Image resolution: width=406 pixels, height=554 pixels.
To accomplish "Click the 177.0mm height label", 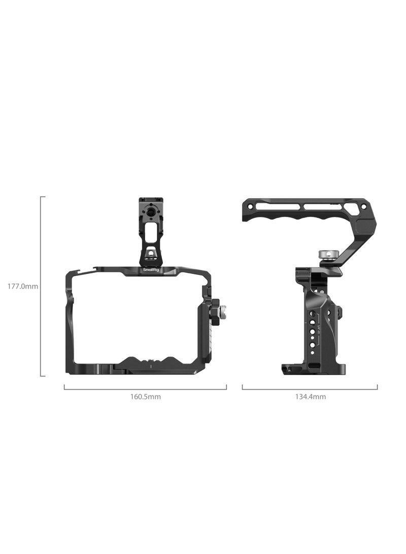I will click(22, 286).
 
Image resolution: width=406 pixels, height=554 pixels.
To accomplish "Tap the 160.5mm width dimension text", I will click(145, 396).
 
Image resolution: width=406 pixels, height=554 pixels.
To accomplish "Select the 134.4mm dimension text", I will click(310, 396).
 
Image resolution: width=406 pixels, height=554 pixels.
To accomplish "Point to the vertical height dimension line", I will click(41, 286).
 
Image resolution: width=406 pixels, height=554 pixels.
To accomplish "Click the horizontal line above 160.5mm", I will click(145, 389).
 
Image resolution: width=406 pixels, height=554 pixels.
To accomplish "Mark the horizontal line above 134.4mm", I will click(310, 389).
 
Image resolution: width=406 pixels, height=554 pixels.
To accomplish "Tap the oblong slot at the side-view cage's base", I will click(311, 366).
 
